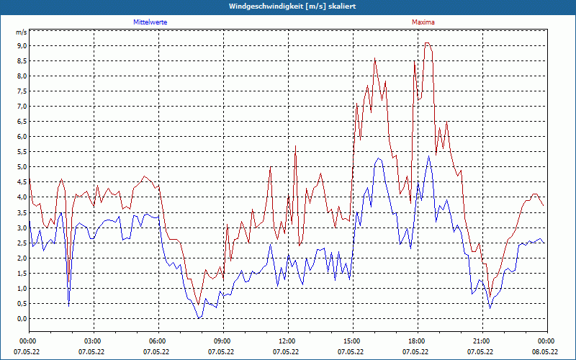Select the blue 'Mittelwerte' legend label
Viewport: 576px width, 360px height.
click(150, 22)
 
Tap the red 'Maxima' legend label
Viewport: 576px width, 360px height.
click(423, 22)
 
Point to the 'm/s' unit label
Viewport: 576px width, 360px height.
click(21, 32)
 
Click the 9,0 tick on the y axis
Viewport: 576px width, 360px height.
click(22, 45)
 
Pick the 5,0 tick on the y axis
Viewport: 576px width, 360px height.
click(22, 167)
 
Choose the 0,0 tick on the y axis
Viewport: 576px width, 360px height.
click(22, 318)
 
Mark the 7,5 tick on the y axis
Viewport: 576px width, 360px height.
click(22, 91)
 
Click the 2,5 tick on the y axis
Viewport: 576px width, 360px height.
click(22, 243)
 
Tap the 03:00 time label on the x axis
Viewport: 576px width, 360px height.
click(93, 341)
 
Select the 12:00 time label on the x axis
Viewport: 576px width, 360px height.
click(287, 341)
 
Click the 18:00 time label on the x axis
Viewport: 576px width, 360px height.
click(416, 341)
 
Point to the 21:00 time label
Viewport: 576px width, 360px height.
click(481, 341)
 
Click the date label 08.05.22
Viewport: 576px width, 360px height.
click(545, 351)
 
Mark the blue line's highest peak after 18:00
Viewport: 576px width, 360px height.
click(428, 156)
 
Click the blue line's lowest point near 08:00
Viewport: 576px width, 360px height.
click(199, 318)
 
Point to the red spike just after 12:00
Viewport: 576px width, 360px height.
click(296, 146)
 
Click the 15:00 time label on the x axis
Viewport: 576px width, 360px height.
click(351, 341)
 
